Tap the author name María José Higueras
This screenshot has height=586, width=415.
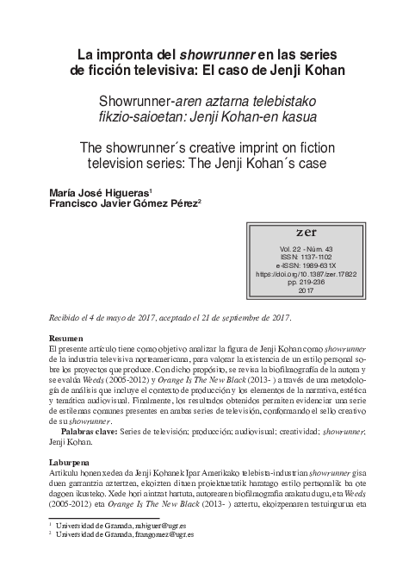(x=97, y=192)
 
